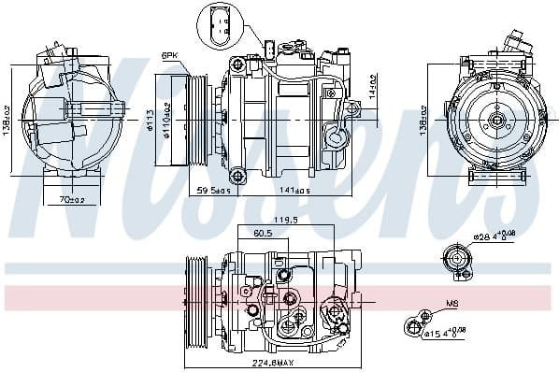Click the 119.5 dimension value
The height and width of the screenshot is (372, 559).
click(284, 221)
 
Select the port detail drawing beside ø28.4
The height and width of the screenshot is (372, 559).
click(458, 262)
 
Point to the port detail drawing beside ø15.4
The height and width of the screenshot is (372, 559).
click(412, 327)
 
